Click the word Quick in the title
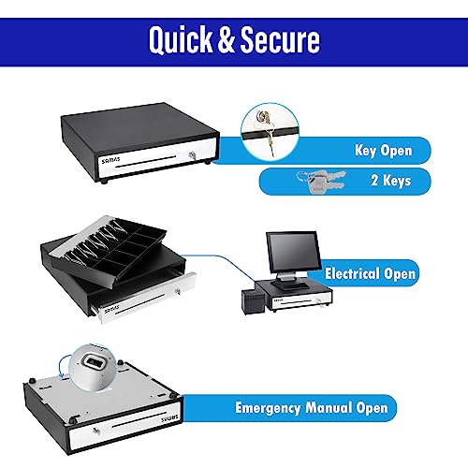tap(181, 39)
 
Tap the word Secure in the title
tap(280, 39)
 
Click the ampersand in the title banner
tap(226, 39)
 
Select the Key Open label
tap(384, 151)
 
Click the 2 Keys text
tap(391, 181)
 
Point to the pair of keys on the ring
tap(321, 180)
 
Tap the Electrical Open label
tap(370, 273)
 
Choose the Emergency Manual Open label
tap(312, 408)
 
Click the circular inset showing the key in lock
tap(270, 132)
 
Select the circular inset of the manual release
tap(94, 368)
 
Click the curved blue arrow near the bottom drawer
tap(64, 366)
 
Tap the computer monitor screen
tap(293, 252)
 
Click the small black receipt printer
tap(253, 301)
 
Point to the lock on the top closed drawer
tap(193, 155)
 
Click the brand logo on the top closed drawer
tap(110, 160)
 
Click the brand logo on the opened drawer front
tap(112, 309)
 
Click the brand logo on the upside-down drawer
tap(169, 418)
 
